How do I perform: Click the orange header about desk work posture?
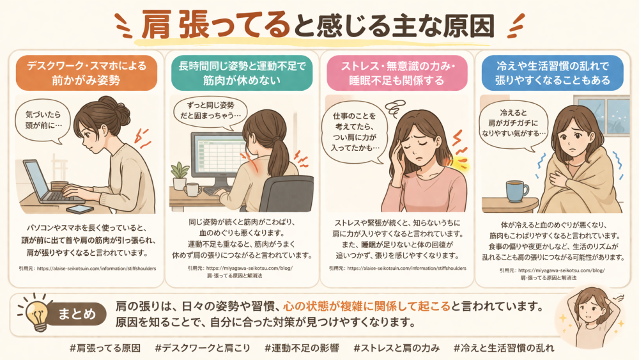[86, 73]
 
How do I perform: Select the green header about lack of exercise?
[242, 73]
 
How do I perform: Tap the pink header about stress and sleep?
[397, 73]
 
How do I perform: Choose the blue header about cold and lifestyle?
[553, 73]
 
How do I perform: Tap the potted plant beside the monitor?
[180, 176]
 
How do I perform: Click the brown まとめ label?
[77, 314]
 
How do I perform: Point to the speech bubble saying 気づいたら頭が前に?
[43, 120]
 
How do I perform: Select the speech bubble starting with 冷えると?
[514, 123]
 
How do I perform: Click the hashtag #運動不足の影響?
[302, 348]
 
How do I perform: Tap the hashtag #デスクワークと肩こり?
[203, 348]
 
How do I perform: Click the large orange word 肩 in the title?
[156, 25]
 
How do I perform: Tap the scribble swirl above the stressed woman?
[395, 108]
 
